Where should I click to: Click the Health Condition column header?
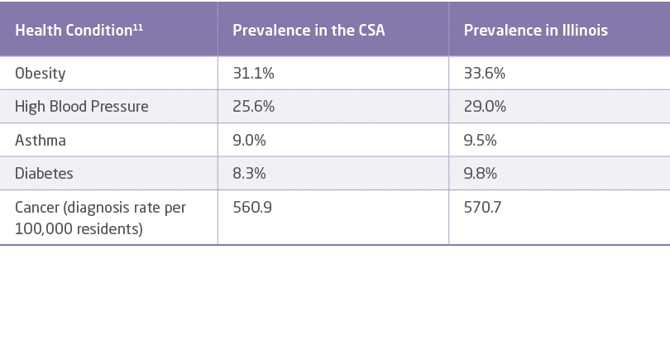click(74, 31)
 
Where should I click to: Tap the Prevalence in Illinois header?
click(536, 31)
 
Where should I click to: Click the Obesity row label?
click(41, 74)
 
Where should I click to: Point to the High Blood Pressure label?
click(82, 107)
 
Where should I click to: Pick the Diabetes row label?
click(44, 174)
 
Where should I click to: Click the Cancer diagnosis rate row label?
click(100, 218)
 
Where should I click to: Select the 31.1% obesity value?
click(254, 74)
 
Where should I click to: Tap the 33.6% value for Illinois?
click(485, 74)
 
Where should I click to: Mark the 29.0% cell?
click(485, 107)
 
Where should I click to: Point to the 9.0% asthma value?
click(249, 141)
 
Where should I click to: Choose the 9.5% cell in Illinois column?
click(481, 141)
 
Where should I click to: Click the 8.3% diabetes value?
click(249, 174)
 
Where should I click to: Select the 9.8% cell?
click(481, 174)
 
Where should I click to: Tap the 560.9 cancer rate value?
click(251, 208)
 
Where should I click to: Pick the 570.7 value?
click(482, 208)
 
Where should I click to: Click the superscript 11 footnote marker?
click(138, 26)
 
